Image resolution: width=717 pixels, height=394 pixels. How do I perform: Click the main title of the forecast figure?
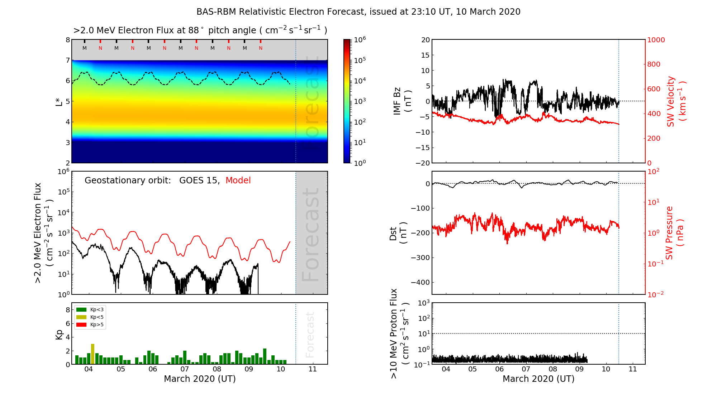358,12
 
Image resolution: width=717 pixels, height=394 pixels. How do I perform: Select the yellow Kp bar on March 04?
92,354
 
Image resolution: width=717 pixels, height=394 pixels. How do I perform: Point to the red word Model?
238,181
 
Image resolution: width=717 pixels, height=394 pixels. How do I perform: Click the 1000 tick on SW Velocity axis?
656,40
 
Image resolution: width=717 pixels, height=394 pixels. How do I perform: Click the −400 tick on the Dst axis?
420,282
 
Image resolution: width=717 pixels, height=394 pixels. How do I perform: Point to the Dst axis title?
398,233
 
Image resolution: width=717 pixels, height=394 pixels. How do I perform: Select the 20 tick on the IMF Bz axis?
425,40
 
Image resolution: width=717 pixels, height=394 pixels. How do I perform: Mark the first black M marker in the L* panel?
85,48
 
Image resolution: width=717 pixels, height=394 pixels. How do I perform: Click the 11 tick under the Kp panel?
313,369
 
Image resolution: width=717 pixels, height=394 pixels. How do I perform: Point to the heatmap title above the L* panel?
200,30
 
